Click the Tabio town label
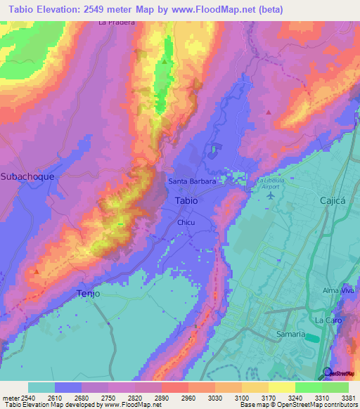coord(186,200)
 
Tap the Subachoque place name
coord(27,176)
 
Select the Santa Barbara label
coord(191,181)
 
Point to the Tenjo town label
coord(89,293)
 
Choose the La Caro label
coord(327,320)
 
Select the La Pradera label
coord(116,22)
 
